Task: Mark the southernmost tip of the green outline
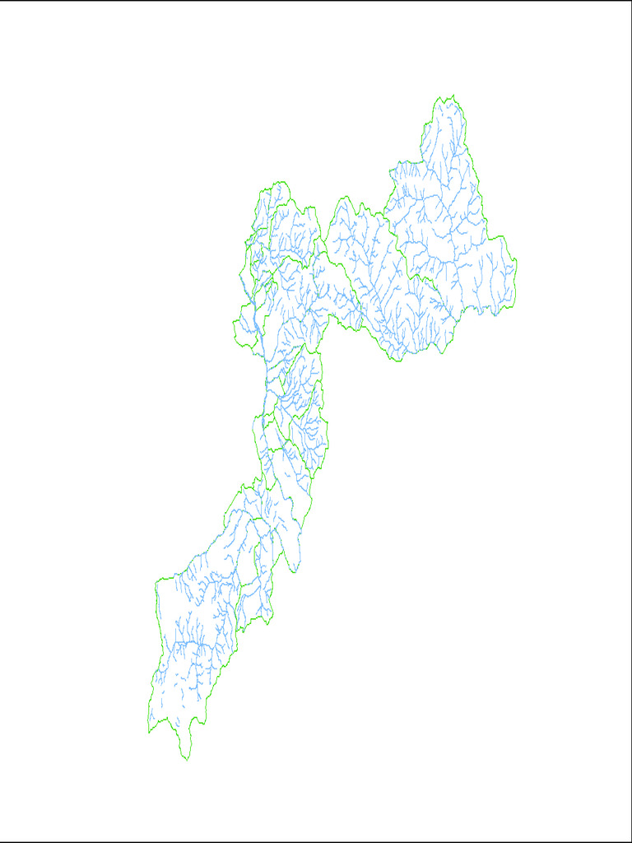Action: (187, 759)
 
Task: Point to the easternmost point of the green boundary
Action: (516, 262)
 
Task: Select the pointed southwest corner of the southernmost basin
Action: (149, 731)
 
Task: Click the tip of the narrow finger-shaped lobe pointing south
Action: (294, 570)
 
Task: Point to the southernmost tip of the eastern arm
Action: (396, 361)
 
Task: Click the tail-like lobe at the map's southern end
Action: (186, 745)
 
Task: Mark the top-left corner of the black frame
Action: (1, 1)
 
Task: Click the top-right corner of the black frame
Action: (630, 1)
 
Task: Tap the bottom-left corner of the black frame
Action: (1, 841)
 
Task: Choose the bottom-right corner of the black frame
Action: (630, 841)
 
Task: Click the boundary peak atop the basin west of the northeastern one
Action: (343, 198)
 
